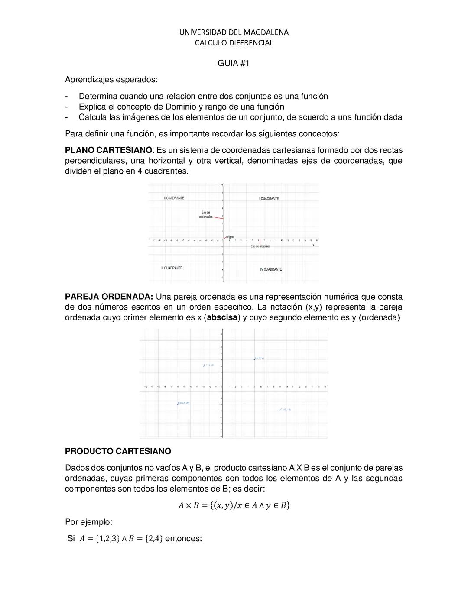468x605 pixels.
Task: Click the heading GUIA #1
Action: pos(234,63)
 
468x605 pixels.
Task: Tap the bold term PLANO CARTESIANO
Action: pos(108,150)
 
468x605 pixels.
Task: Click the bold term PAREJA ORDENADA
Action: pos(109,297)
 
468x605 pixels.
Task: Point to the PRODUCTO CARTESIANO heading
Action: pos(118,451)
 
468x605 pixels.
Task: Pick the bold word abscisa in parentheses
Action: pos(223,317)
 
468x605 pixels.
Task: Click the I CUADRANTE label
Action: pos(269,198)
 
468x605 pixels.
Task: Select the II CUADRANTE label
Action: pos(174,198)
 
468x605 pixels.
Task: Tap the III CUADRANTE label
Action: pos(172,268)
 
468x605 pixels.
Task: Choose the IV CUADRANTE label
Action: pos(271,269)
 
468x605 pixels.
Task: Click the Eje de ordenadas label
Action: pos(206,214)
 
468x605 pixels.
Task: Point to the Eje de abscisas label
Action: pos(260,246)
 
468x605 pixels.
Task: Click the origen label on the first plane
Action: pos(230,237)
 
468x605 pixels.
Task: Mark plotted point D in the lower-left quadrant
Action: pos(178,404)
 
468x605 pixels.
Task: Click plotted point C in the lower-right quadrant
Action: pos(280,410)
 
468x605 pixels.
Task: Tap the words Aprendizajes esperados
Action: pos(111,80)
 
